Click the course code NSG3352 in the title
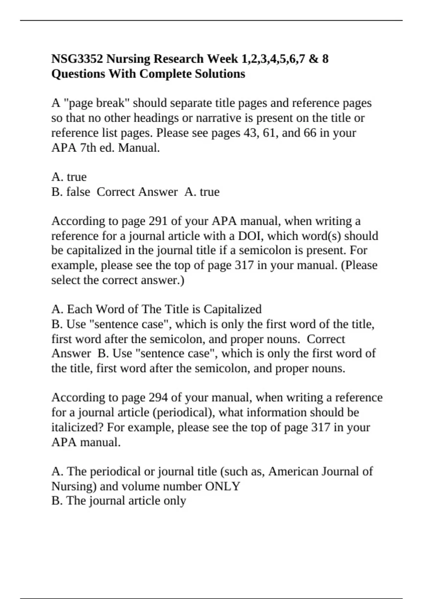coord(77,59)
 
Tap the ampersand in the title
coord(313,59)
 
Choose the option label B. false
coord(70,192)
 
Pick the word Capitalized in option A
coord(233,309)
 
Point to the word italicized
coord(77,427)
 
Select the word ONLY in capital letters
coord(222,487)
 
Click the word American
coord(293,471)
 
